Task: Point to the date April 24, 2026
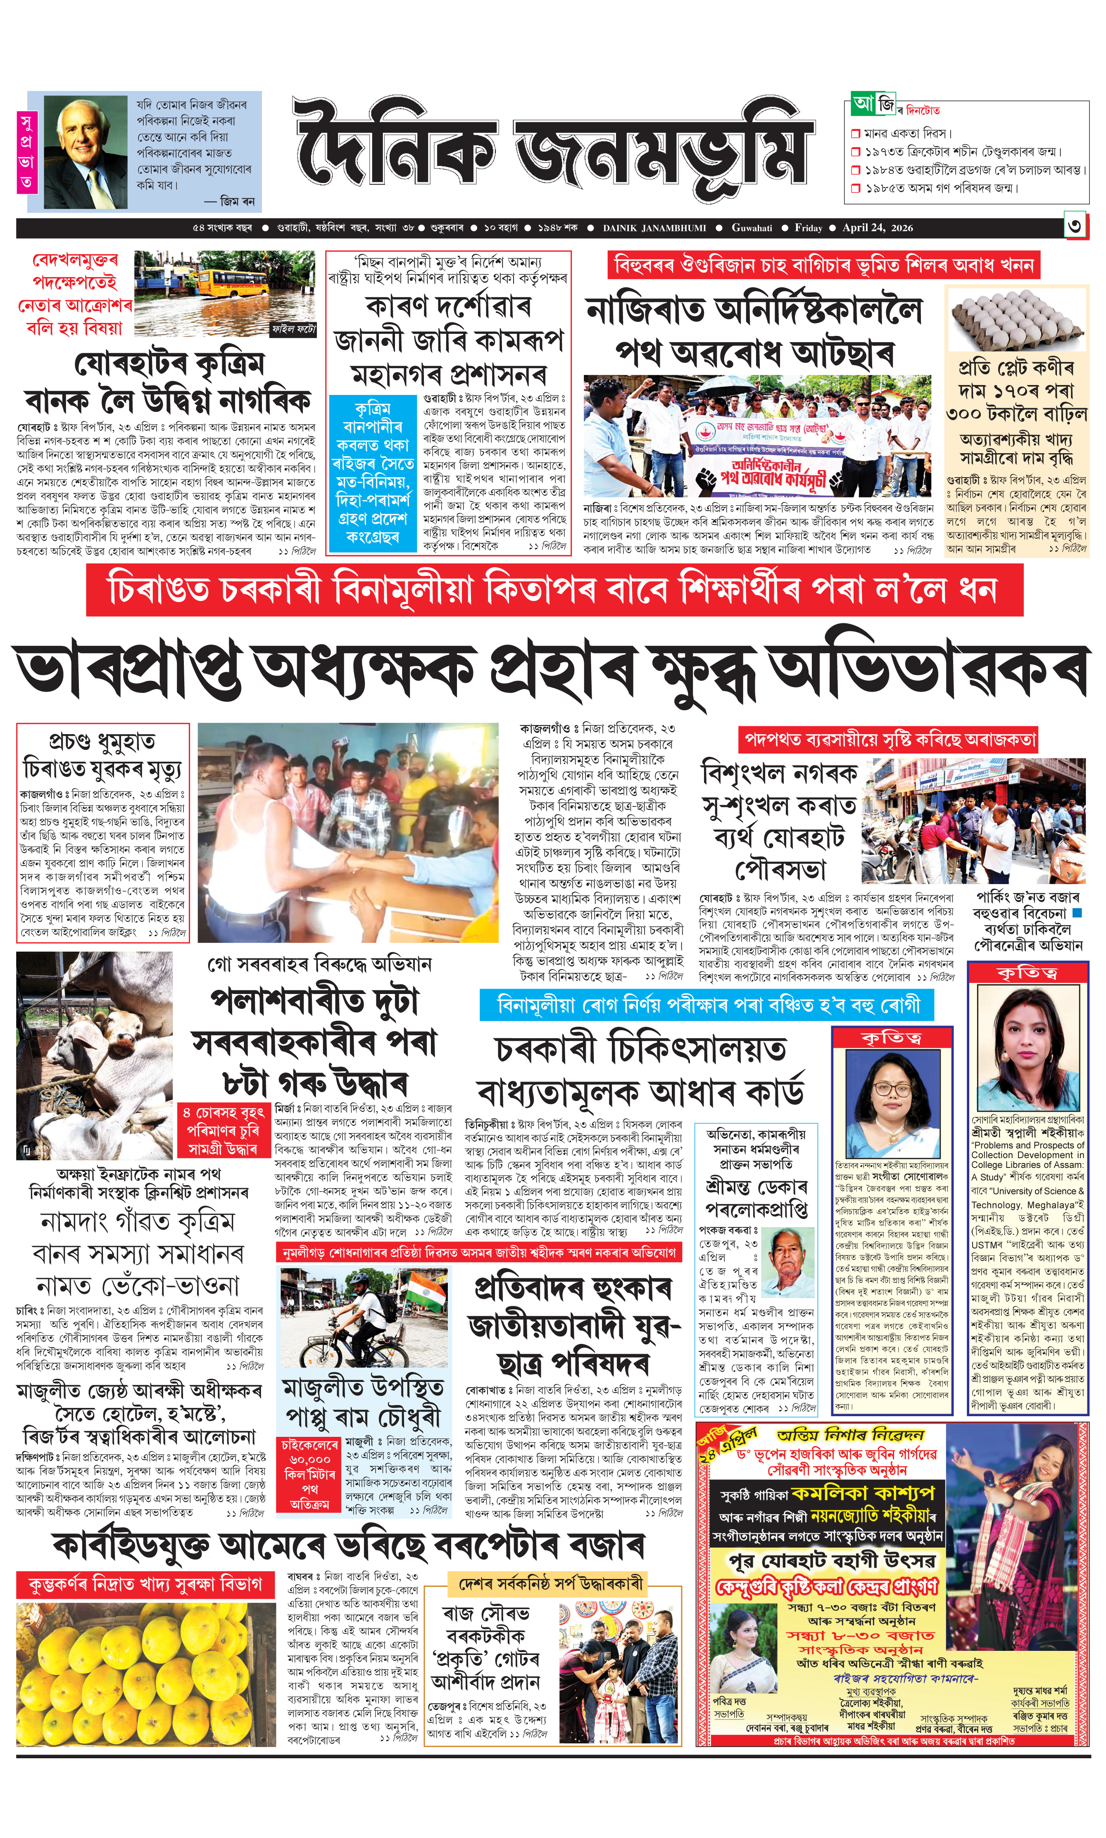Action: pyautogui.click(x=877, y=228)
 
